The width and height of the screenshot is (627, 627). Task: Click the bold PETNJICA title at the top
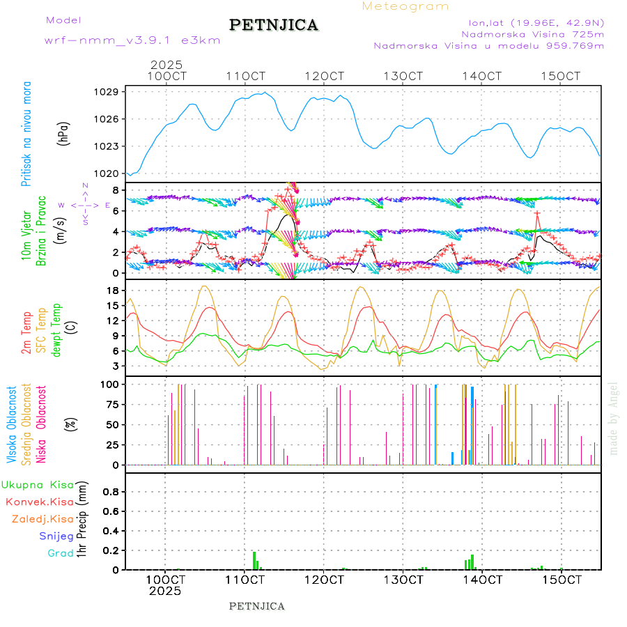pyautogui.click(x=274, y=25)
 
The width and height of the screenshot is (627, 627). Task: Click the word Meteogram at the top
pyautogui.click(x=405, y=6)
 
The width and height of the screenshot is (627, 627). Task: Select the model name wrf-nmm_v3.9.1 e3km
pyautogui.click(x=132, y=40)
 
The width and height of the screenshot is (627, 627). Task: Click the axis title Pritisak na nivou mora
pyautogui.click(x=26, y=134)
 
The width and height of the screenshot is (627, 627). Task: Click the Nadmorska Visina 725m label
pyautogui.click(x=532, y=33)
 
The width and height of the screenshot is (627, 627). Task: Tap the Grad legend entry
pyautogui.click(x=60, y=553)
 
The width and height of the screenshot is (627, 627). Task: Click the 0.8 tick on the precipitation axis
pyautogui.click(x=110, y=492)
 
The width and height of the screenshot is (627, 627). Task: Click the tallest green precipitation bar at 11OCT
pyautogui.click(x=254, y=560)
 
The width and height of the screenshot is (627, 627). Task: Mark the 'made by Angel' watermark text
pyautogui.click(x=614, y=418)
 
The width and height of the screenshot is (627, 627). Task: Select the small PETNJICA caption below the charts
pyautogui.click(x=256, y=606)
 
